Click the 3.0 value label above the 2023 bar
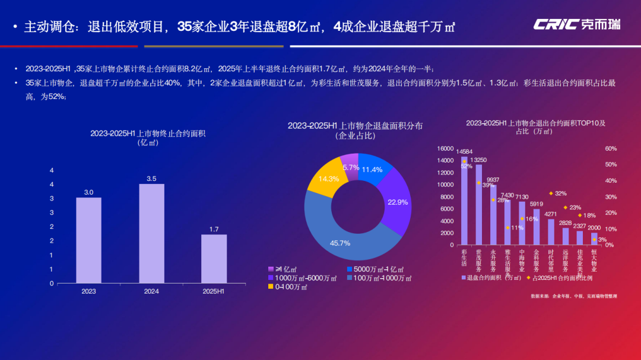88,192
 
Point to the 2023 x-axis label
88,291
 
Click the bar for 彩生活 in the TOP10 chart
464,202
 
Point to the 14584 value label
464,152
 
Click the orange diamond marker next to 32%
551,193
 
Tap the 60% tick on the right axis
611,148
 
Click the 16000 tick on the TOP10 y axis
445,148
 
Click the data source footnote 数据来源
573,295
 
